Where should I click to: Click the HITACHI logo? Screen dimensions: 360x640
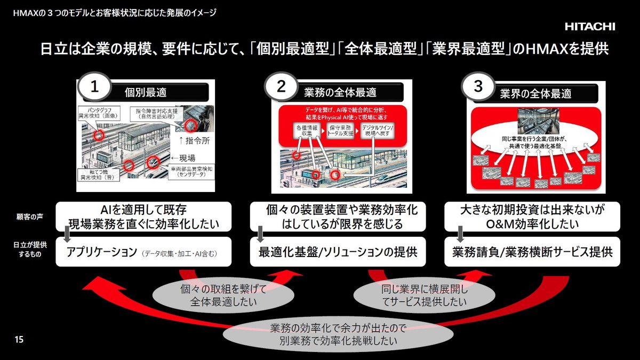click(x=590, y=27)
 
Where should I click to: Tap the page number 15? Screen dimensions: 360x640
click(x=19, y=340)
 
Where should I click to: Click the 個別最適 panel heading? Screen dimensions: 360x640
click(x=146, y=92)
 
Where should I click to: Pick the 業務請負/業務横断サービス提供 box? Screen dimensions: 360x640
click(x=533, y=252)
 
